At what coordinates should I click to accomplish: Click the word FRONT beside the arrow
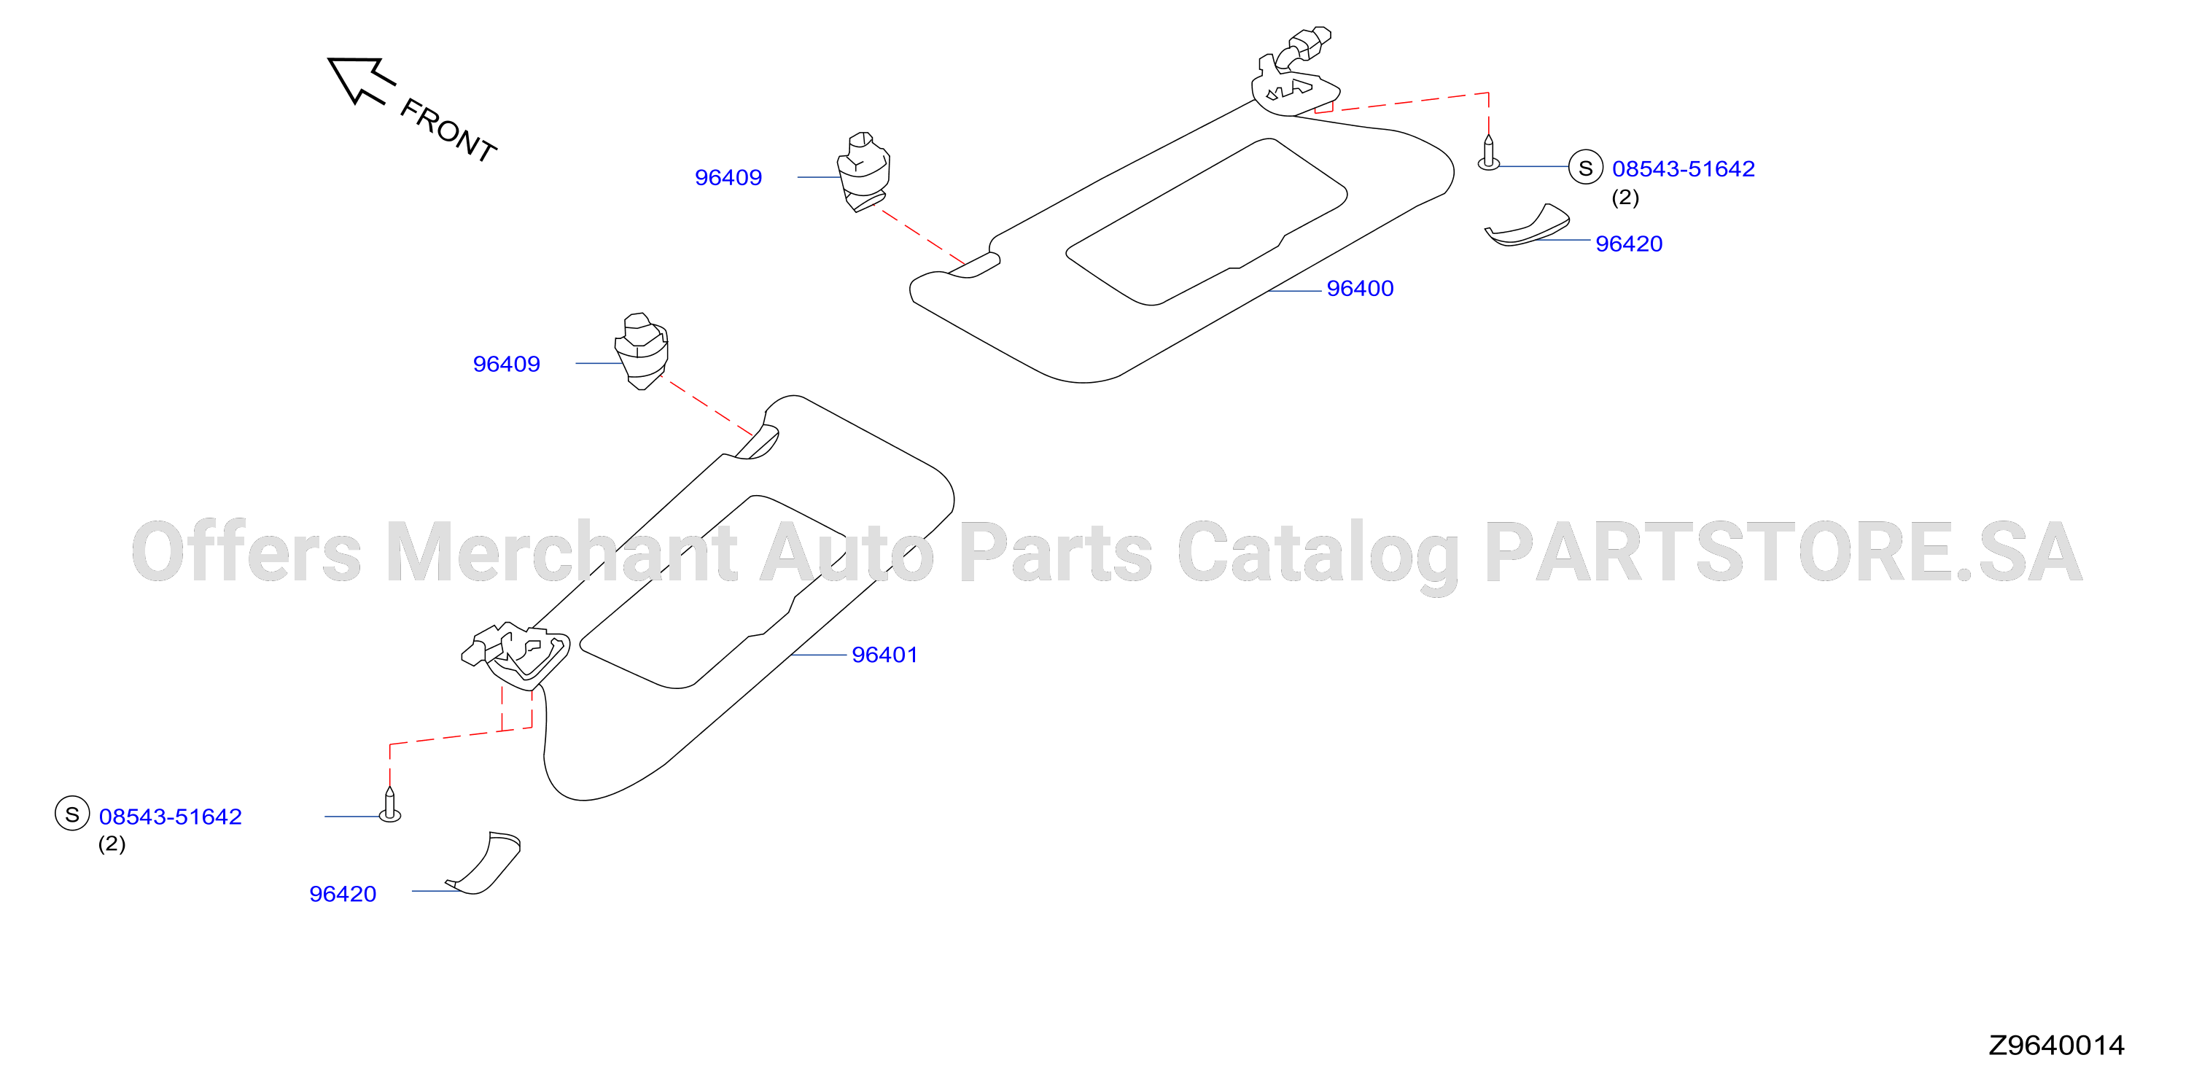click(x=448, y=130)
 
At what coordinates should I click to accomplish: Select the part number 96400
click(x=1360, y=288)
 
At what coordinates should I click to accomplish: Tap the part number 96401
click(x=884, y=655)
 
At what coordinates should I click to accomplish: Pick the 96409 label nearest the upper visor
click(x=728, y=178)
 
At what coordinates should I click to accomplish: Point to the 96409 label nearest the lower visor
click(x=506, y=364)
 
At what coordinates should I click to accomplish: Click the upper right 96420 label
click(x=1628, y=244)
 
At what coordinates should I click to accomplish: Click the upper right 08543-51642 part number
click(x=1684, y=169)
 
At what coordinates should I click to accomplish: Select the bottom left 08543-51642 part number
click(x=170, y=817)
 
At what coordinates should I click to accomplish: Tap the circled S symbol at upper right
click(x=1585, y=167)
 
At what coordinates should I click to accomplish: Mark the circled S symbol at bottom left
click(x=72, y=814)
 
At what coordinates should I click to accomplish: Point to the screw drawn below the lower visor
click(x=389, y=805)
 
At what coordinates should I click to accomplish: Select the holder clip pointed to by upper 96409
click(x=863, y=171)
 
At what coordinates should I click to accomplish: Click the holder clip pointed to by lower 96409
click(x=642, y=351)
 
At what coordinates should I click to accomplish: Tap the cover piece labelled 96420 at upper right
click(x=1527, y=228)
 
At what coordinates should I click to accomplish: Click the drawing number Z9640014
click(x=2056, y=1045)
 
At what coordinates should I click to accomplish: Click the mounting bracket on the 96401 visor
click(x=515, y=654)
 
